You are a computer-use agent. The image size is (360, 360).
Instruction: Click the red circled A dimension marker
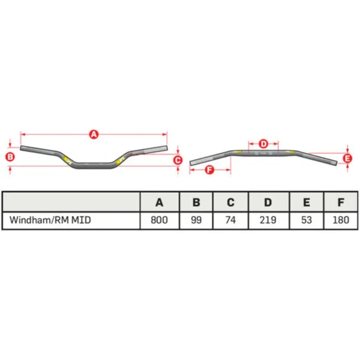pyautogui.click(x=93, y=134)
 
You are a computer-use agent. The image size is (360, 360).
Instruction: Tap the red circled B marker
pyautogui.click(x=10, y=157)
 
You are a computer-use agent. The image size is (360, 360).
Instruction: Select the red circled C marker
pyautogui.click(x=178, y=160)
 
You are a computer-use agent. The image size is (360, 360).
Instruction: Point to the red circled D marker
pyautogui.click(x=263, y=144)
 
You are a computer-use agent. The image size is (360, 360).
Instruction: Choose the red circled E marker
pyautogui.click(x=348, y=159)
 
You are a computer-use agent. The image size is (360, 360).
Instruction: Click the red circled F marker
pyautogui.click(x=210, y=170)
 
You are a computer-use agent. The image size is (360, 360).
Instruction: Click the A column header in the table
pyautogui.click(x=159, y=202)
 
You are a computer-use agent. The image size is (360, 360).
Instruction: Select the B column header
pyautogui.click(x=196, y=202)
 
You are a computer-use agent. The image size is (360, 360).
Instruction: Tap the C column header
pyautogui.click(x=231, y=202)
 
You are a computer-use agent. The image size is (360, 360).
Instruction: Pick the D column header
pyautogui.click(x=269, y=202)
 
